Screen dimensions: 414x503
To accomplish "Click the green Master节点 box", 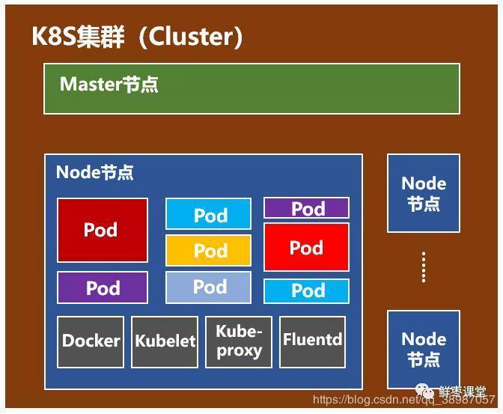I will tap(251, 88).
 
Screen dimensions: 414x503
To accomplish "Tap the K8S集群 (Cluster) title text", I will tap(137, 37).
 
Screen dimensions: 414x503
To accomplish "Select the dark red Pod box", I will tap(102, 230).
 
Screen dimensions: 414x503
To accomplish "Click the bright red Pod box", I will tap(306, 247).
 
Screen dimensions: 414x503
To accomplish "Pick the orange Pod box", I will tap(209, 251).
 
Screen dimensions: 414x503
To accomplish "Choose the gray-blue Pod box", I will tap(209, 287).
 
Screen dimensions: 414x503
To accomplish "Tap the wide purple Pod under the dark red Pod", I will tap(102, 287).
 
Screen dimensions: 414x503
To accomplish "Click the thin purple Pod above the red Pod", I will tap(306, 208).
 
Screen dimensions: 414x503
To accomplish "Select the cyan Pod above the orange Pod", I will tap(209, 215).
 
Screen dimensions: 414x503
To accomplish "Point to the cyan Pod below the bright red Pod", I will tap(306, 290).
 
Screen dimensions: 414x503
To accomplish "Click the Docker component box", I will tap(91, 341).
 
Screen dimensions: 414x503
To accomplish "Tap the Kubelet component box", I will tap(164, 341).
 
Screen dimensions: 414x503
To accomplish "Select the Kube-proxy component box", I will tap(239, 341).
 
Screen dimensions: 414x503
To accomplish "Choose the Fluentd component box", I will tap(312, 341).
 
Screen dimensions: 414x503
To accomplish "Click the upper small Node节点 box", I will tap(423, 193).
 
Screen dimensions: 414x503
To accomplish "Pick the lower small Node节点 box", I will tap(423, 349).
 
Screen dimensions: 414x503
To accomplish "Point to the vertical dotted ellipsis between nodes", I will tap(424, 267).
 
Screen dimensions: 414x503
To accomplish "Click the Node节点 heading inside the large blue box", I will tap(95, 172).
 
